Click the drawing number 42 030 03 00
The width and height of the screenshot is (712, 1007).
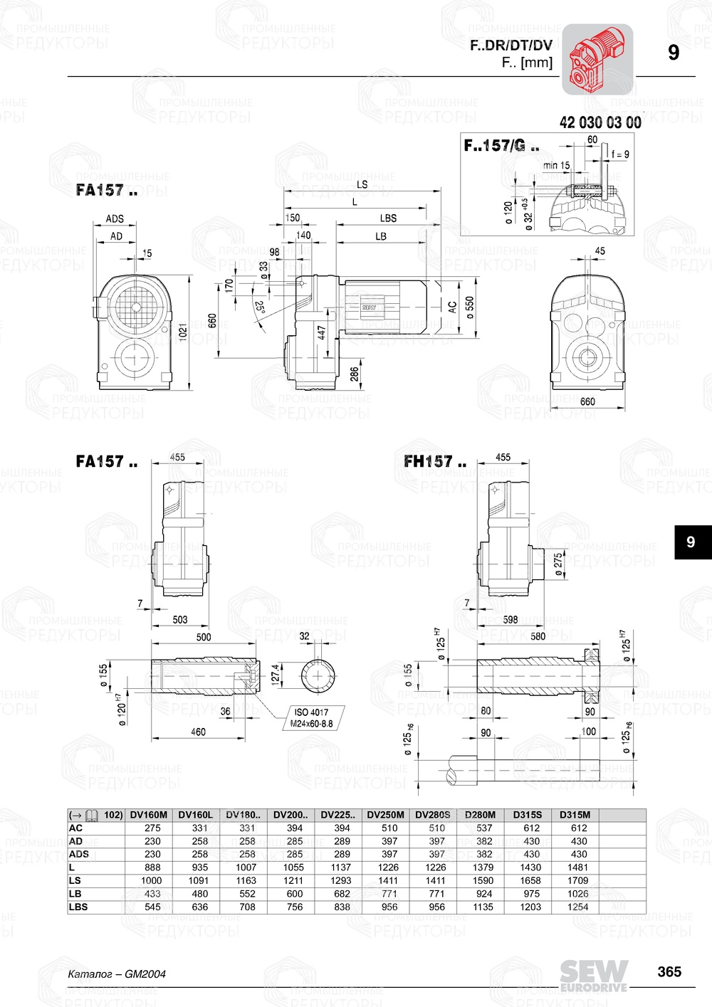click(x=600, y=122)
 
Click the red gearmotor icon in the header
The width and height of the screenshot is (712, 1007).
click(x=597, y=59)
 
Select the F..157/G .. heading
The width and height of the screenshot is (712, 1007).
click(x=501, y=146)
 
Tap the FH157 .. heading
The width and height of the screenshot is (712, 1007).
click(x=434, y=462)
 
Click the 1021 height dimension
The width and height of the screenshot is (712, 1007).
click(x=183, y=332)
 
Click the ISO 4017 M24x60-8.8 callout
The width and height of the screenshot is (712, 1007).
click(x=311, y=717)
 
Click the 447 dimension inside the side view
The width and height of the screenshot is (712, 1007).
click(x=322, y=333)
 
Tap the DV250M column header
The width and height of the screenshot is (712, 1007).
click(x=385, y=815)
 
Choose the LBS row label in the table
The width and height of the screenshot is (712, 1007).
click(x=78, y=907)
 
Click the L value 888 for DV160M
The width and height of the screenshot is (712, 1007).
click(x=152, y=868)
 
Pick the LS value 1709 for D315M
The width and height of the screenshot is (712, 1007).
click(x=578, y=880)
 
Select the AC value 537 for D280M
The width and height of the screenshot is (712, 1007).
click(x=484, y=828)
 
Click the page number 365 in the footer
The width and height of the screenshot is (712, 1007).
click(x=669, y=971)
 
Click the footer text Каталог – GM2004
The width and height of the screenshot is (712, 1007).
click(x=117, y=974)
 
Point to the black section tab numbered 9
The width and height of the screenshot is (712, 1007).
click(x=691, y=542)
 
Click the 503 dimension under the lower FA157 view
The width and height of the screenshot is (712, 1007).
click(x=180, y=619)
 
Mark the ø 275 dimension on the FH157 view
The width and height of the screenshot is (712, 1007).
click(x=559, y=564)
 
